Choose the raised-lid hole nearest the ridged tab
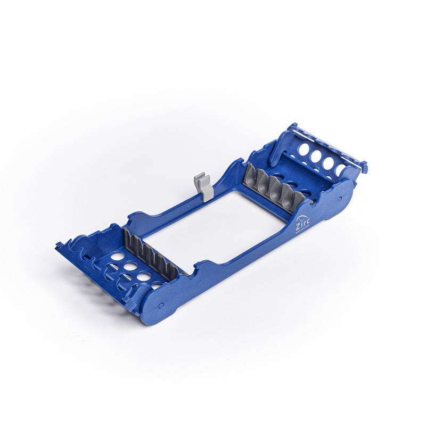pos(340,169)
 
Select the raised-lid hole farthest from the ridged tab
pos(304,150)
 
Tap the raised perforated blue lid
pos(319,157)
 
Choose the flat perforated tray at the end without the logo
pos(125,266)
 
